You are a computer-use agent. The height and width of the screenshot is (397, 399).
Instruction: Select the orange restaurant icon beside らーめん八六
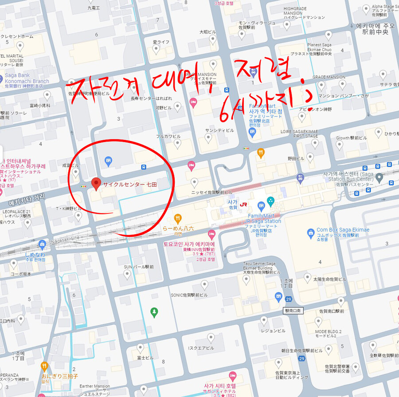point(178,218)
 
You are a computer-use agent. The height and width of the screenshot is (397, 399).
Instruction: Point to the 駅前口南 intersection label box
point(293,311)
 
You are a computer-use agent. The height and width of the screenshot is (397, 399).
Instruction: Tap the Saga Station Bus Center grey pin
point(379,177)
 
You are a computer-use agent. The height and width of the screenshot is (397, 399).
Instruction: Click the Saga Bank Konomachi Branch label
point(27,79)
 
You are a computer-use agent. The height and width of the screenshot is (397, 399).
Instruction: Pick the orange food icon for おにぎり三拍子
point(44,366)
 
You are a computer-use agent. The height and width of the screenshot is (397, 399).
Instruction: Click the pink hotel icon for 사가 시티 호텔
point(232,377)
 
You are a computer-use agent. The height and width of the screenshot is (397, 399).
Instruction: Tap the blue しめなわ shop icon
point(42,244)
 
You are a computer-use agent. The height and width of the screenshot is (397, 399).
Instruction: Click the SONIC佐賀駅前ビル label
point(189,295)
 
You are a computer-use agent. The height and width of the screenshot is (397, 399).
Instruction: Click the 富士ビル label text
point(145,358)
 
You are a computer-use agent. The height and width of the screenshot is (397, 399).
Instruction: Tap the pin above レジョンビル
point(264,320)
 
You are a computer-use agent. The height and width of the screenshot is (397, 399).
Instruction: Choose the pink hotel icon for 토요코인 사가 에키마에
point(211,234)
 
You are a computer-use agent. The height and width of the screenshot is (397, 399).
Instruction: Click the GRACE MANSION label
point(329,77)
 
